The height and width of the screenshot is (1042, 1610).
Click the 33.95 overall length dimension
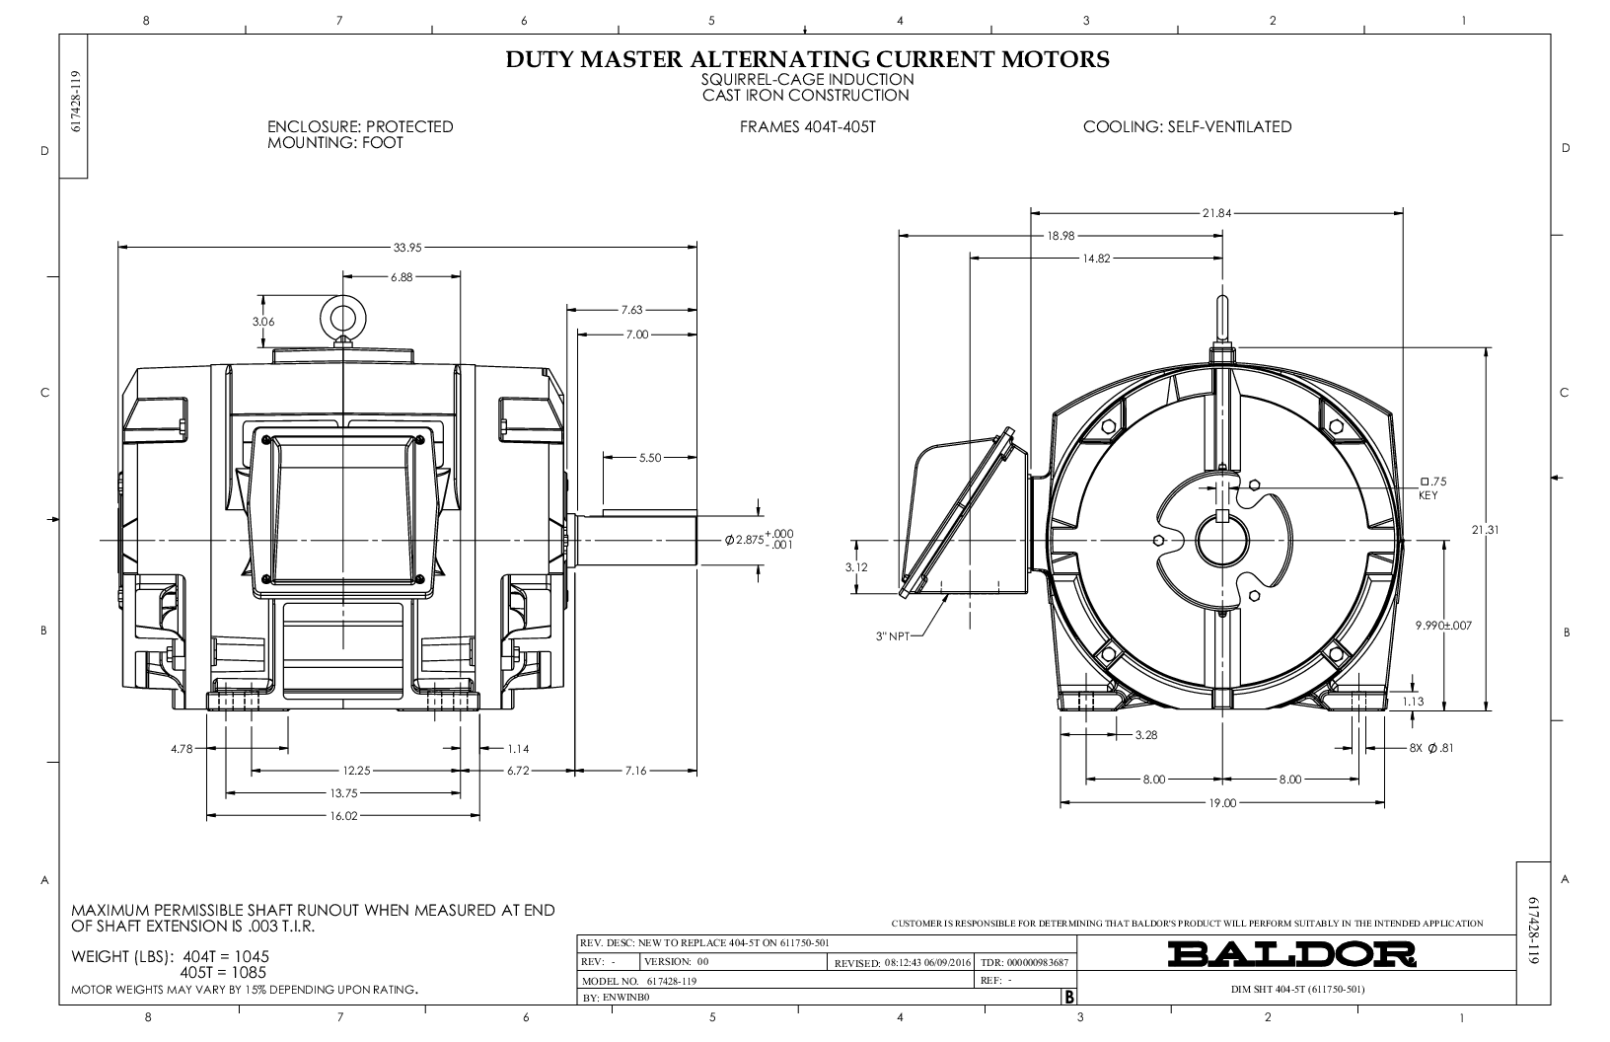click(x=406, y=248)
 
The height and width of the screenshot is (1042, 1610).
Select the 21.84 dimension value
click(x=1216, y=213)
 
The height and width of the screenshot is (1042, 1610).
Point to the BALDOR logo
click(x=1291, y=954)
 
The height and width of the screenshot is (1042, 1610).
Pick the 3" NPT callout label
click(x=893, y=636)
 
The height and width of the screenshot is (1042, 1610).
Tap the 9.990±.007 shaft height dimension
click(x=1443, y=626)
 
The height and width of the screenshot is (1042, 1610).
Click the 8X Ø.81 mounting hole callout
click(x=1431, y=748)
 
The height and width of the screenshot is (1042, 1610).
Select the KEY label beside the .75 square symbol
click(x=1428, y=495)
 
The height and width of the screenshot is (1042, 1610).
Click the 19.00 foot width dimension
click(x=1222, y=803)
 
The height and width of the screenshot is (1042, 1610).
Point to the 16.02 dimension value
click(x=343, y=816)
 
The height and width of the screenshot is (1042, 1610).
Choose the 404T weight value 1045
click(x=251, y=956)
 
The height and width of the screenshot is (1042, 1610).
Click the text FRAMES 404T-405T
click(x=808, y=127)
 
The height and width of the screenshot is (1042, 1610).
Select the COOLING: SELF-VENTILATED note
click(x=1188, y=127)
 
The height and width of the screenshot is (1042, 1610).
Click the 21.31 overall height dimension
click(x=1485, y=530)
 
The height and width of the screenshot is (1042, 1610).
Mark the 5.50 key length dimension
click(x=650, y=458)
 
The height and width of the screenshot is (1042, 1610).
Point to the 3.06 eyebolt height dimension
click(x=263, y=322)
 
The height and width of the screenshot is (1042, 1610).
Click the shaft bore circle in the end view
click(x=1222, y=540)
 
